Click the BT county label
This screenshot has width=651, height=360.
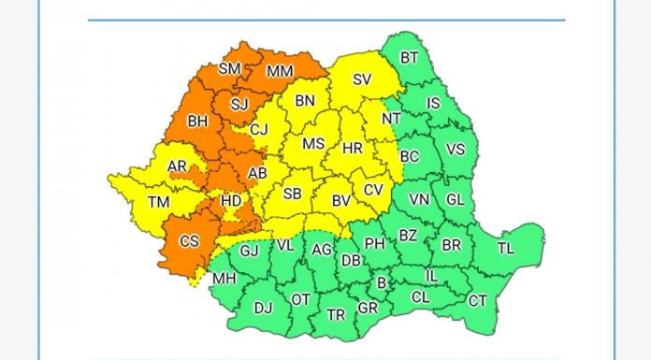(x=409, y=58)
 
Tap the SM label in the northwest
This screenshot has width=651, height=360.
(x=229, y=68)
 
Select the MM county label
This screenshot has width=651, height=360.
(x=279, y=71)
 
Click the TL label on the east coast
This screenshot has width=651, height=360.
(x=505, y=248)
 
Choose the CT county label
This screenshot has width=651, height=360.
(x=477, y=300)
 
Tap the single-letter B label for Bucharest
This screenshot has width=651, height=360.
(x=381, y=283)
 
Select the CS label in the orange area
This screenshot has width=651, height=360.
(x=190, y=241)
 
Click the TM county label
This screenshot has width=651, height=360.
(x=159, y=202)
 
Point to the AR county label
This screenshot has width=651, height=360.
(x=177, y=167)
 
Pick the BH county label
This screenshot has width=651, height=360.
(x=197, y=122)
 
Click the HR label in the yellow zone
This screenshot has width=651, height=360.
(x=353, y=149)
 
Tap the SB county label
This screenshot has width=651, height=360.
(x=293, y=194)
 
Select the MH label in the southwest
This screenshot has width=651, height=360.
(x=224, y=279)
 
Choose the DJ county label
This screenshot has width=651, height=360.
(x=263, y=307)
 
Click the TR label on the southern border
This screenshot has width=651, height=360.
(x=336, y=314)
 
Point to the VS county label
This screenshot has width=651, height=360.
(x=456, y=150)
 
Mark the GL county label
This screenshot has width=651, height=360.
(x=455, y=199)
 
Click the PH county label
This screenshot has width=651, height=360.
(x=375, y=243)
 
